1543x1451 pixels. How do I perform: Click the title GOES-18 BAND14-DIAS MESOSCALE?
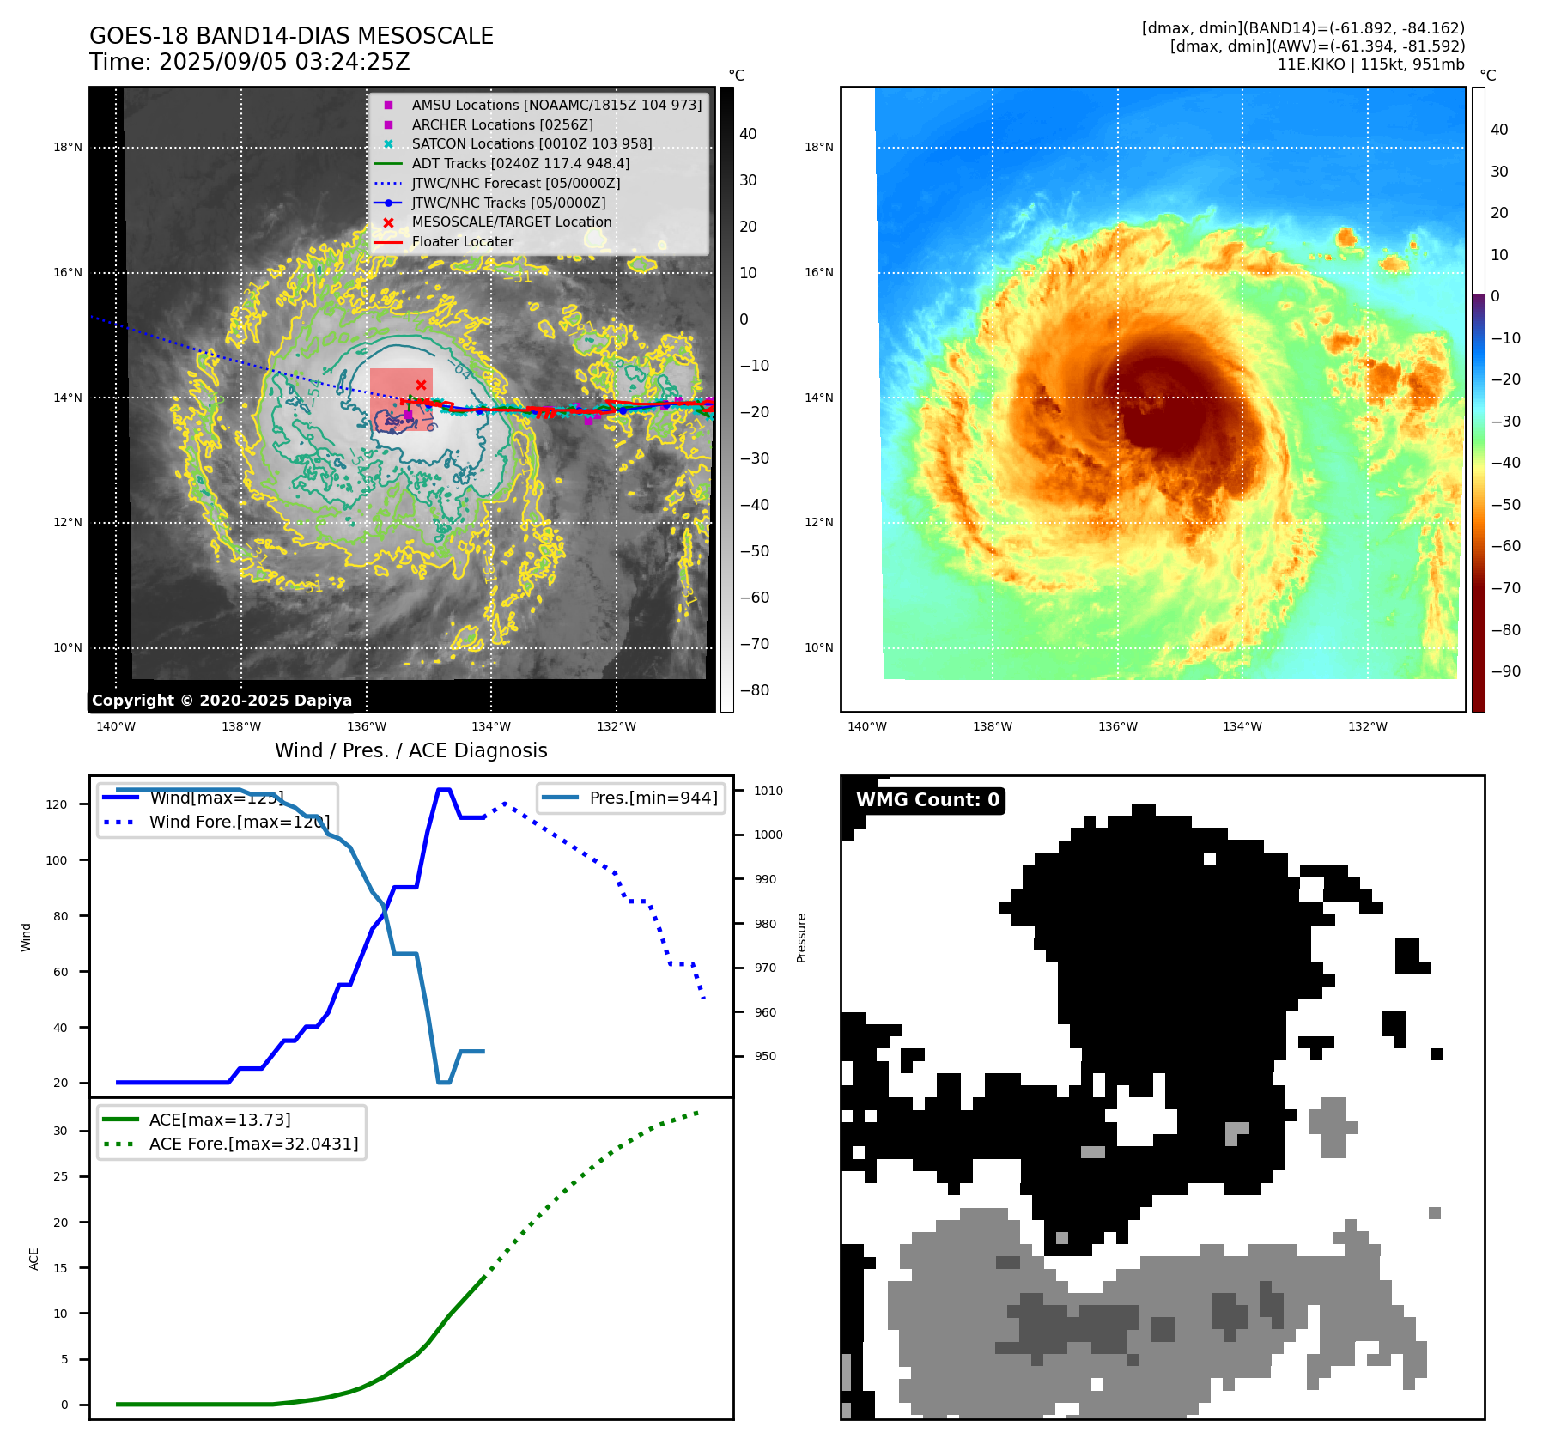tap(291, 36)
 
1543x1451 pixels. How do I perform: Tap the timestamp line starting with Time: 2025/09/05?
tap(249, 62)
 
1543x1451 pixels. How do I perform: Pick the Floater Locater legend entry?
tap(462, 241)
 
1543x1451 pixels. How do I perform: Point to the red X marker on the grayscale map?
tap(421, 385)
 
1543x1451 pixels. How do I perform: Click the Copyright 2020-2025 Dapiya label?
tap(222, 701)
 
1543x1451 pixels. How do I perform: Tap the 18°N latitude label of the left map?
tap(68, 147)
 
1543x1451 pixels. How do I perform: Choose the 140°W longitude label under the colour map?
tap(866, 726)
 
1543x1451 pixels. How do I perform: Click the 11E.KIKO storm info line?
tap(1370, 64)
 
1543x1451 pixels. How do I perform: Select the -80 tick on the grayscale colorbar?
tap(755, 690)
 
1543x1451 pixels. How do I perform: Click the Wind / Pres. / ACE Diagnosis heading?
tap(410, 750)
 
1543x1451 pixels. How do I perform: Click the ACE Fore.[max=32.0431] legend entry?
tap(253, 1144)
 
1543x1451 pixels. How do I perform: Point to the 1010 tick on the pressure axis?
tap(768, 791)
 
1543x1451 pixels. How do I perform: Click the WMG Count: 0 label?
tap(927, 800)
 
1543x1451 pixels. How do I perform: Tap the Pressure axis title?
tap(801, 938)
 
